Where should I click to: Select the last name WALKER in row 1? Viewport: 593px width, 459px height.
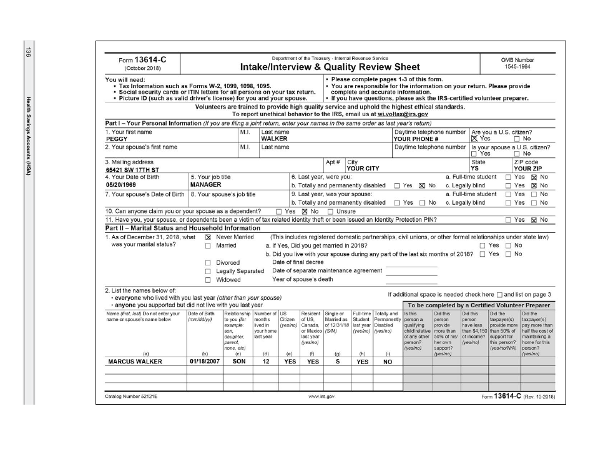click(274, 139)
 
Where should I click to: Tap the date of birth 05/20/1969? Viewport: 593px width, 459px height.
click(120, 185)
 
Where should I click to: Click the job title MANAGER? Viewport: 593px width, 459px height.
click(205, 185)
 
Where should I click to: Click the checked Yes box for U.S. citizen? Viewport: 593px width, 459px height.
click(474, 139)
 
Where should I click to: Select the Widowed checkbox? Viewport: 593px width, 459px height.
click(208, 279)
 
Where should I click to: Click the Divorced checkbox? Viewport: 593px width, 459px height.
click(208, 263)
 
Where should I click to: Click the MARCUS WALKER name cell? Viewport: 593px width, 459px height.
click(135, 361)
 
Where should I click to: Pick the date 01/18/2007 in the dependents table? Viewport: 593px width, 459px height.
click(204, 361)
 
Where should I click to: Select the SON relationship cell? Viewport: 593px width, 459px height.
click(237, 361)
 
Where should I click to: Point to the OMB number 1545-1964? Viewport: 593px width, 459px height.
click(517, 67)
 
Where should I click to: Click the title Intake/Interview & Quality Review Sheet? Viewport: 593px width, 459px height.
click(330, 67)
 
